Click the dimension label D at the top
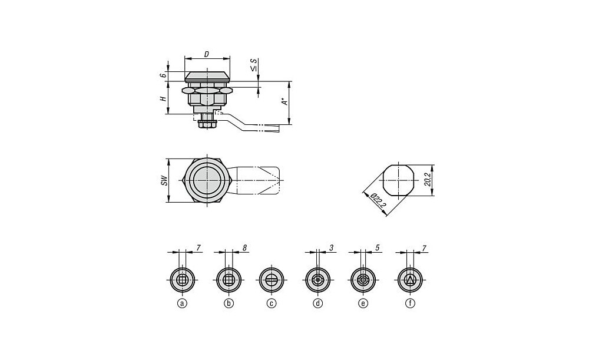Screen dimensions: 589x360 point(206,54)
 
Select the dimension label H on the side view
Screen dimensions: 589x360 point(163,98)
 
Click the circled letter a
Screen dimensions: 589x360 point(182,303)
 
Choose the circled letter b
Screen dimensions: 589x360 point(229,303)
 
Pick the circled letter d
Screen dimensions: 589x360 point(318,303)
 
